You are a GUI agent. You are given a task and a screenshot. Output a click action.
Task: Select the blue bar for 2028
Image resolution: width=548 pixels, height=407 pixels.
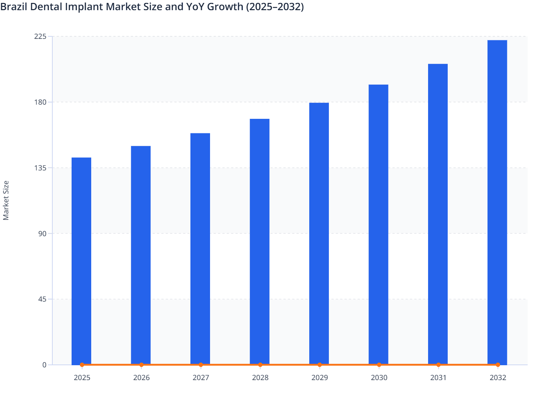point(259,242)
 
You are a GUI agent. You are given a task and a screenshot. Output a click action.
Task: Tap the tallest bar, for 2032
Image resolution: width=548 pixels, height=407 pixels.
point(497,202)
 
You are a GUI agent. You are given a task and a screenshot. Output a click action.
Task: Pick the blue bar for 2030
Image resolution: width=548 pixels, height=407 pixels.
point(378,225)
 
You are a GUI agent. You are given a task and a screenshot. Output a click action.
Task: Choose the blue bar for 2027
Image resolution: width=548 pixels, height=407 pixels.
point(200,249)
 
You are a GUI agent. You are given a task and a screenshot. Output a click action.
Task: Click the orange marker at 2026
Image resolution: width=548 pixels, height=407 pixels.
point(141,364)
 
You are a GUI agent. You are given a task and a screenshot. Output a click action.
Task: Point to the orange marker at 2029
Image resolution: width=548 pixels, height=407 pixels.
point(319,364)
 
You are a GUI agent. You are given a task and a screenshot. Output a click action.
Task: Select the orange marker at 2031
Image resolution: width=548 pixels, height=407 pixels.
point(438,364)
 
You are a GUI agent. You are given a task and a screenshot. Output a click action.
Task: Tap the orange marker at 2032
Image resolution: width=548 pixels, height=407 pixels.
point(498,364)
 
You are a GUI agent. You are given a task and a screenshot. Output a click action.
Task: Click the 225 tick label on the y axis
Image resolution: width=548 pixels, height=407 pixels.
point(40,36)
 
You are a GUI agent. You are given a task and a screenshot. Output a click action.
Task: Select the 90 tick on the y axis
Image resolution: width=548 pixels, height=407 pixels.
point(42,233)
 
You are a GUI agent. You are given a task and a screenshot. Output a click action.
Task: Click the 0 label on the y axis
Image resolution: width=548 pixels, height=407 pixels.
point(44,365)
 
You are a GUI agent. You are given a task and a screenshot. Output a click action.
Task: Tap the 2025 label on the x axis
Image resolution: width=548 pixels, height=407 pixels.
point(82,378)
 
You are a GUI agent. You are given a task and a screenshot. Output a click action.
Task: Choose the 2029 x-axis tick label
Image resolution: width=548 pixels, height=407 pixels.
point(319,378)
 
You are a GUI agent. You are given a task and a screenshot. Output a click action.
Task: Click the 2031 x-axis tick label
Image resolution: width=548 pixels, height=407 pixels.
point(438,378)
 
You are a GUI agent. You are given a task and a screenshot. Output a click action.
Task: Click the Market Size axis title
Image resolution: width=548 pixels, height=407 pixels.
point(6,200)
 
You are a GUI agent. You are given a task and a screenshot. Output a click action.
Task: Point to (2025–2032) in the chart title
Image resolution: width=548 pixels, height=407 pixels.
point(275,7)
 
